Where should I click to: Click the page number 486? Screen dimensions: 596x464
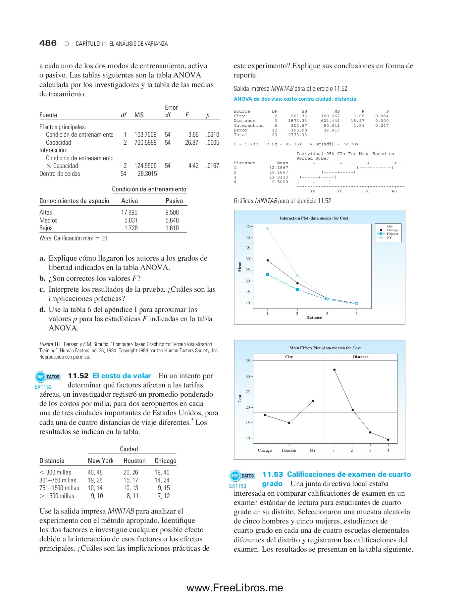(x=48, y=43)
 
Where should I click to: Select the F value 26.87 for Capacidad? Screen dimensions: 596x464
(x=191, y=142)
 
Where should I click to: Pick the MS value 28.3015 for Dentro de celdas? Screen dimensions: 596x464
(x=147, y=174)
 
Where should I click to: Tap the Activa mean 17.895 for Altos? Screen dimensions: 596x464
(x=129, y=212)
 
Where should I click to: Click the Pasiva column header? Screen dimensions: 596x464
(x=174, y=201)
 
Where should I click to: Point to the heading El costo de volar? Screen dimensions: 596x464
(x=122, y=376)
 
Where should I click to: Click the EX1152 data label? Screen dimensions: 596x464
(x=43, y=387)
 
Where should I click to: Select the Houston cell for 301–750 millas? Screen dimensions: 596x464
(x=130, y=480)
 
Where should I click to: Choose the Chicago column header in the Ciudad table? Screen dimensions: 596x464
(x=165, y=461)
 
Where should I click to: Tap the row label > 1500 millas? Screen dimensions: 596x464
(x=57, y=496)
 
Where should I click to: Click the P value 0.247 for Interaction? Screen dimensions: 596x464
(x=382, y=125)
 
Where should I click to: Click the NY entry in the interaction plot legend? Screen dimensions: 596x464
(x=389, y=238)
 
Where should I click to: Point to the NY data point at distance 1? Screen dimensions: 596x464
(x=268, y=228)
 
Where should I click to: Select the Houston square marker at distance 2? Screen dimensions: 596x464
(x=297, y=289)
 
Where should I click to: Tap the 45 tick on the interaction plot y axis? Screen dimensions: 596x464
(x=248, y=226)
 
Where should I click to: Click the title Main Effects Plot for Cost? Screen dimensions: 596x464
(x=325, y=348)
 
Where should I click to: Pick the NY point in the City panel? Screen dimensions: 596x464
(x=313, y=401)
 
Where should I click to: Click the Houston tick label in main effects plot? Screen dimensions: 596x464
(x=289, y=450)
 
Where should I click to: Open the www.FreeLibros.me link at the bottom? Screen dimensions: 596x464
(x=234, y=588)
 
